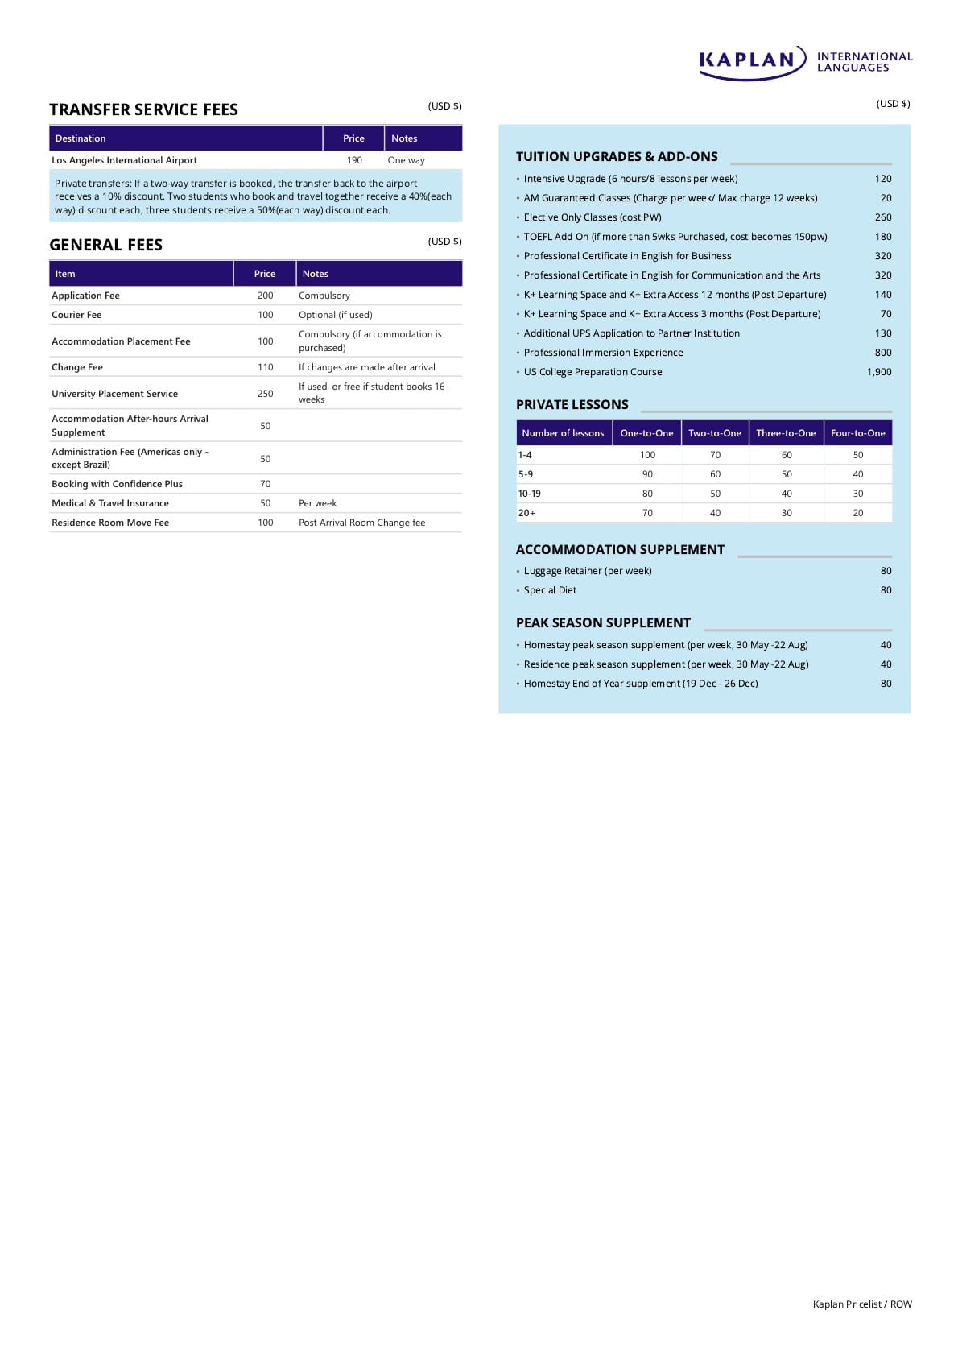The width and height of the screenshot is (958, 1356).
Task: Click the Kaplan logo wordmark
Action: pyautogui.click(x=747, y=60)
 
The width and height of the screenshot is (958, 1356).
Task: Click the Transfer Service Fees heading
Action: pyautogui.click(x=143, y=110)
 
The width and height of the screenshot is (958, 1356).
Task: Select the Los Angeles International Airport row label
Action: pyautogui.click(x=124, y=160)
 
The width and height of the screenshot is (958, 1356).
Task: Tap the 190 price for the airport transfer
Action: pyautogui.click(x=354, y=160)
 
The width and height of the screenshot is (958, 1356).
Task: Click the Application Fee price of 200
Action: pyautogui.click(x=265, y=296)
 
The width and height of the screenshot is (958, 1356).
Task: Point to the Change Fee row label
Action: pyautogui.click(x=77, y=367)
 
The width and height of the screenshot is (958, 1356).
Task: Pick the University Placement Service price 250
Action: pyautogui.click(x=265, y=394)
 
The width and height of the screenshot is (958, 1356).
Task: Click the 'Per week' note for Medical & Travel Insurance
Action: pyautogui.click(x=317, y=503)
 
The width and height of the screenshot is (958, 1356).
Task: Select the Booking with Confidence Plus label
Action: pyautogui.click(x=117, y=484)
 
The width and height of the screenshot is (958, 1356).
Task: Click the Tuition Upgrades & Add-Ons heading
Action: pyautogui.click(x=617, y=157)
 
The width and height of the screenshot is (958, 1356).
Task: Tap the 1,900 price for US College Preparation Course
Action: pyautogui.click(x=879, y=372)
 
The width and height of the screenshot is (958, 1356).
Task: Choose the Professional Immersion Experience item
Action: pyautogui.click(x=603, y=353)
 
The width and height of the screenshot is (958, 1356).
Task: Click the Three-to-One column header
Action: pyautogui.click(x=786, y=433)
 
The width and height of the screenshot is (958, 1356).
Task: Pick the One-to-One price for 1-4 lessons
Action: pyautogui.click(x=647, y=455)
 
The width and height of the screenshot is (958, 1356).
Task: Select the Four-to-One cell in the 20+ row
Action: pyautogui.click(x=858, y=513)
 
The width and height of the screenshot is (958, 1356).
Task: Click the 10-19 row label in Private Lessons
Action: pyautogui.click(x=530, y=494)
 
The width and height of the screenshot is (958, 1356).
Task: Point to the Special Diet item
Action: pyautogui.click(x=550, y=590)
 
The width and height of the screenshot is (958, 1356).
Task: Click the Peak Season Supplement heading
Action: pyautogui.click(x=603, y=623)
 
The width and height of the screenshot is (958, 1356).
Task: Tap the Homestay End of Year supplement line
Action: pyautogui.click(x=641, y=684)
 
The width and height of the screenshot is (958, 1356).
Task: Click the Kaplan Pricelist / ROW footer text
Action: pyautogui.click(x=862, y=1304)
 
